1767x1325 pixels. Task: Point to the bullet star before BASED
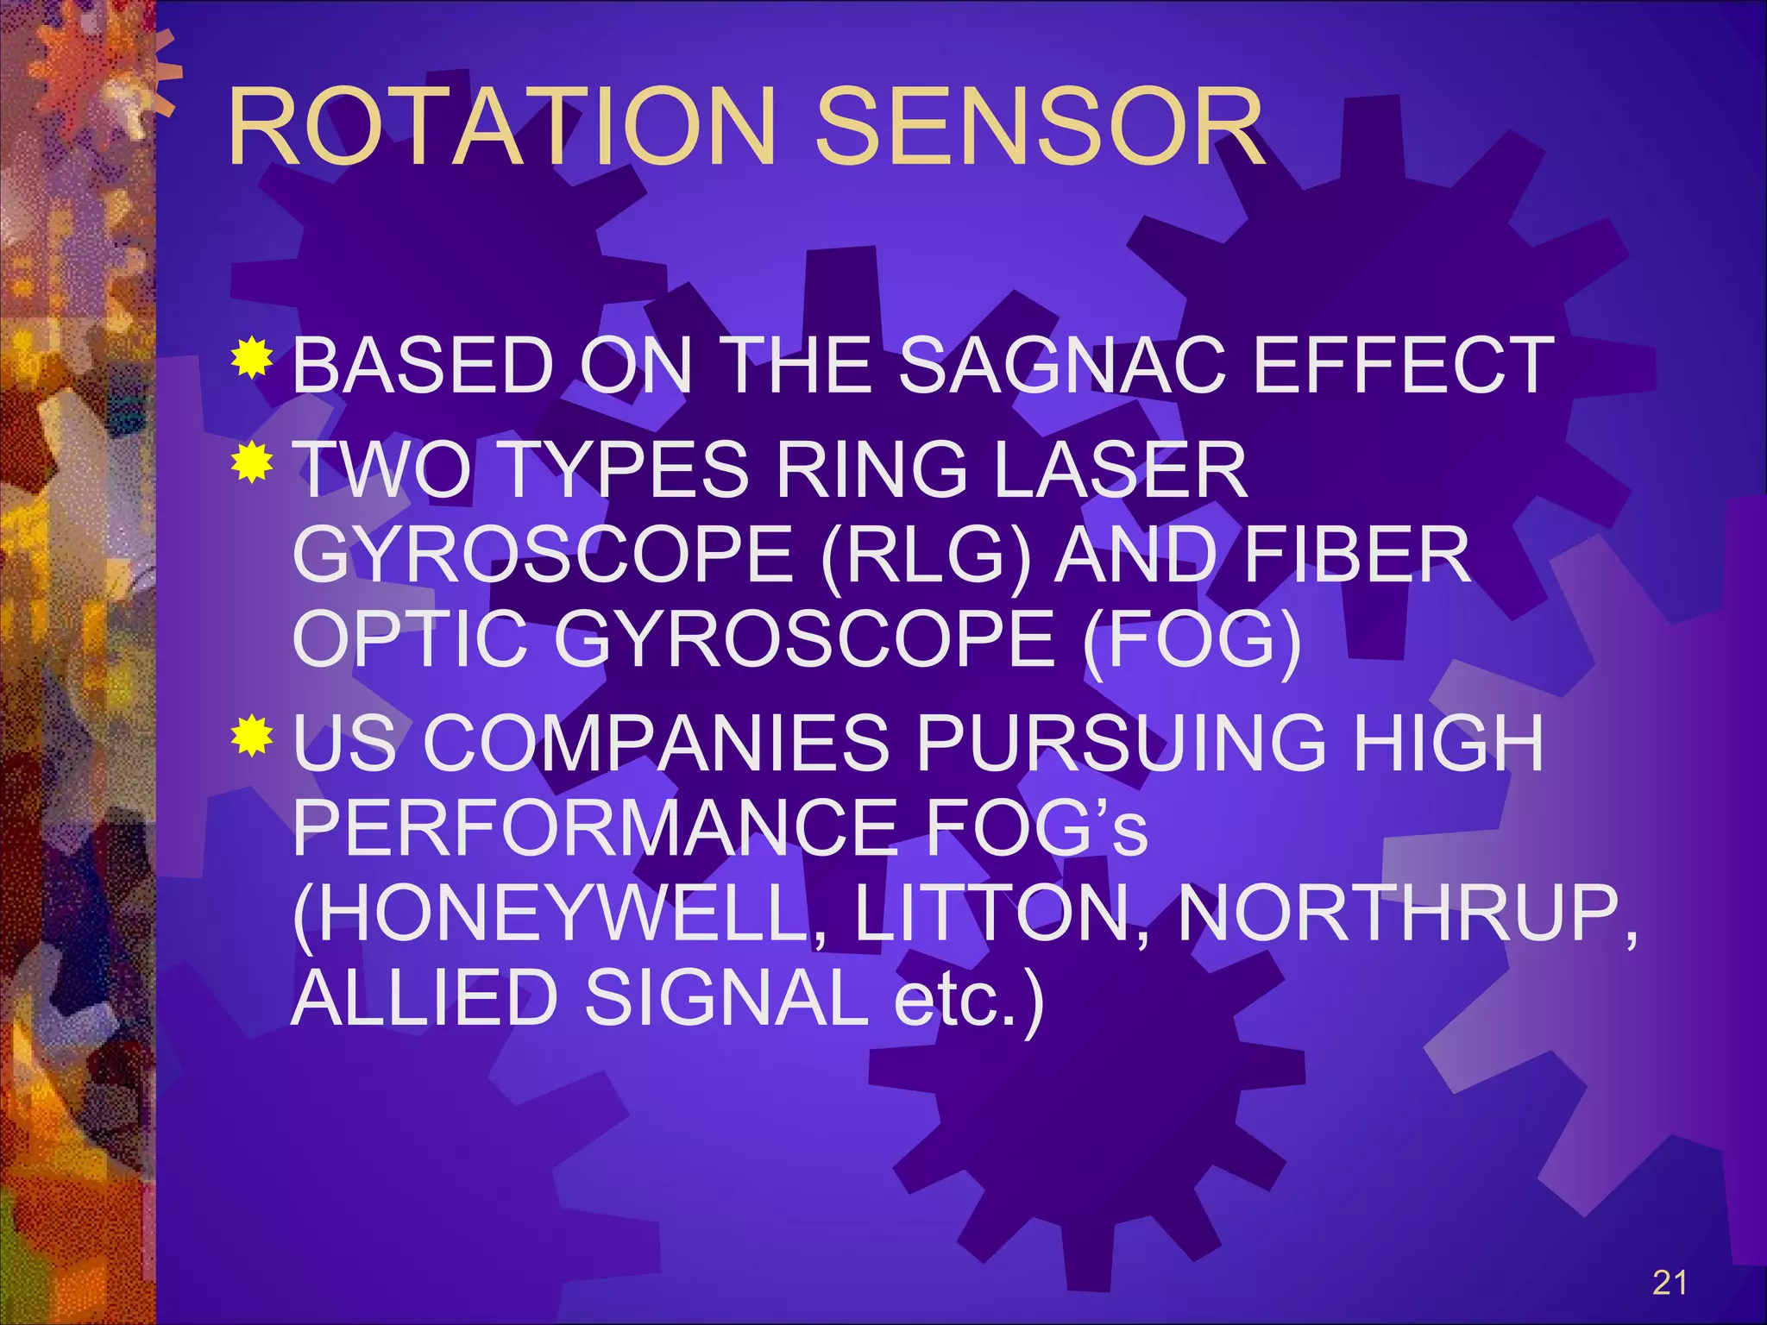(x=252, y=358)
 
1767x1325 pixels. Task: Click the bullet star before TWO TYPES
(x=252, y=462)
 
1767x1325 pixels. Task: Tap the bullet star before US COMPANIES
(x=252, y=736)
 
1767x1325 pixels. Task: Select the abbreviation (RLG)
(x=926, y=555)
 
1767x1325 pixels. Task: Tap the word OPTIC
(x=409, y=639)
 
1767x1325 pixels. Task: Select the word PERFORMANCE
(x=594, y=827)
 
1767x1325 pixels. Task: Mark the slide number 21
(x=1670, y=1283)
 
